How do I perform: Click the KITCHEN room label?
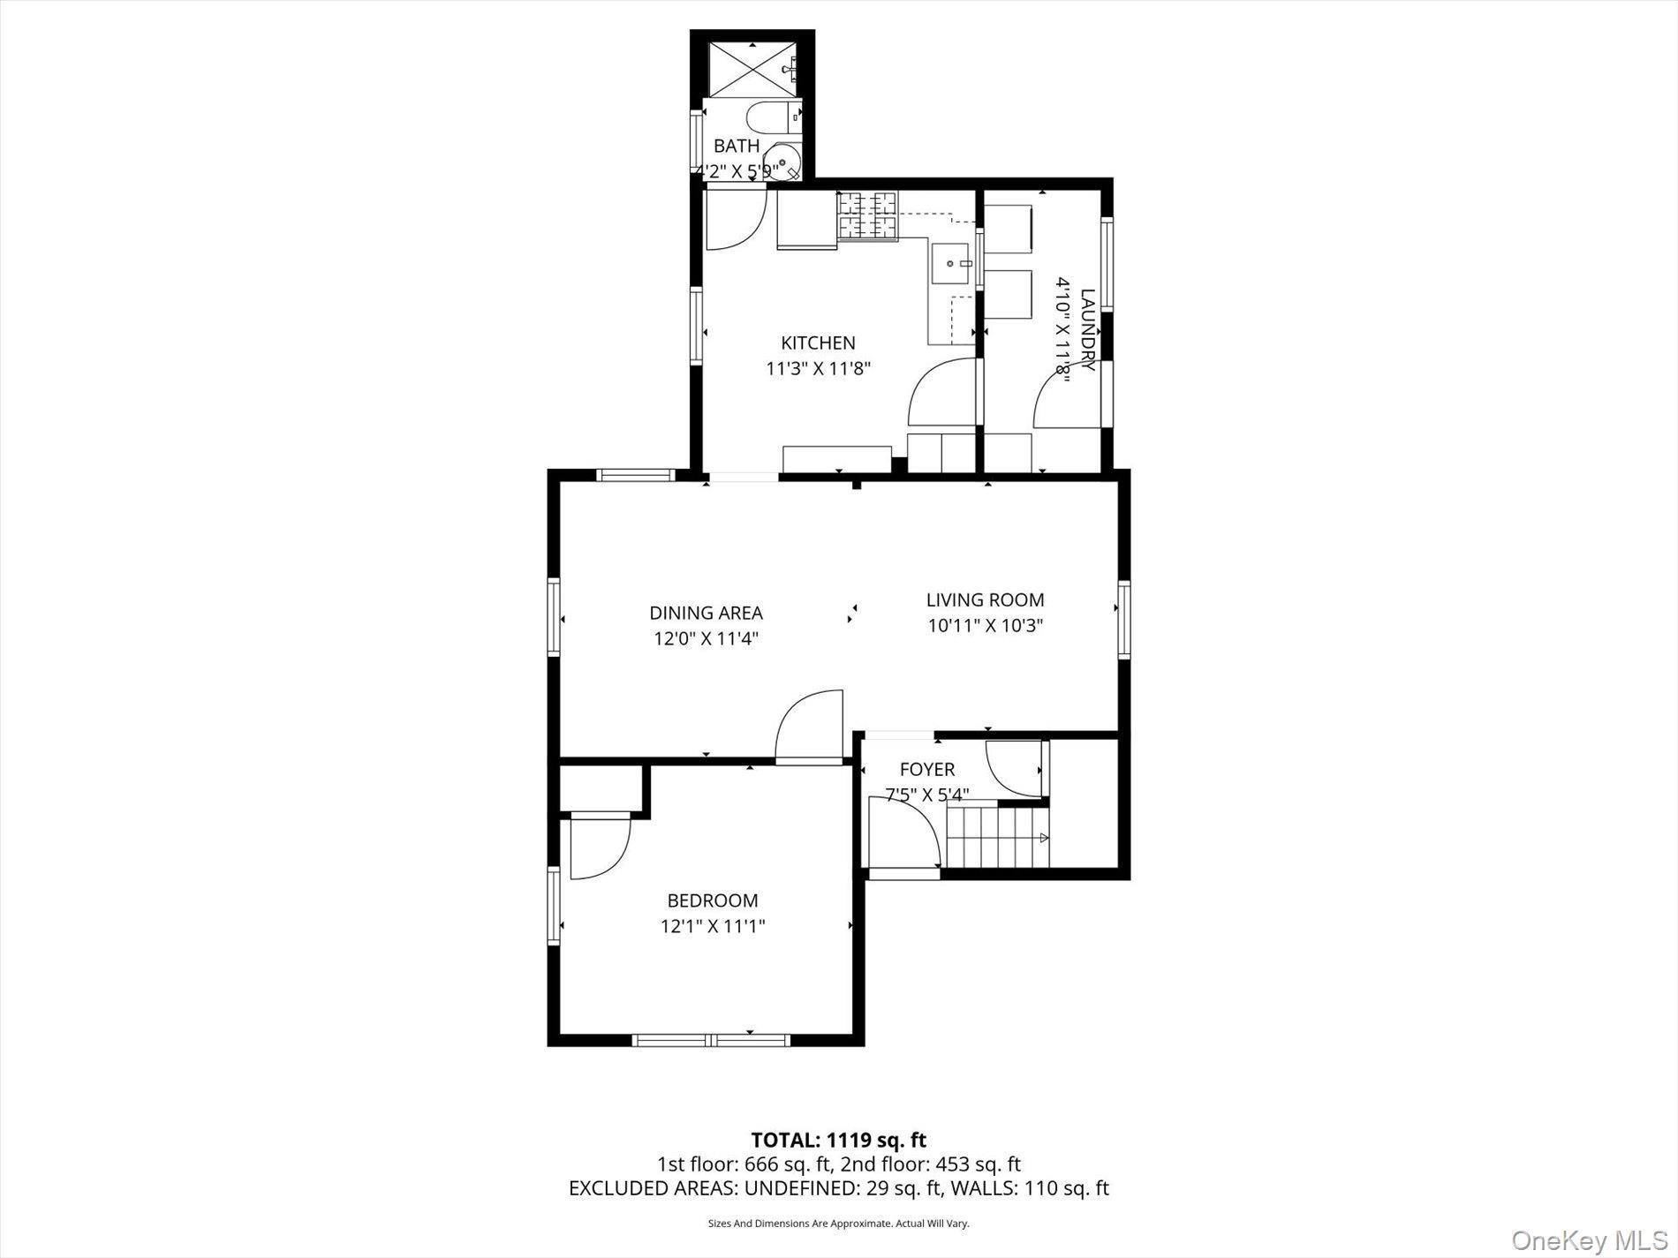818,343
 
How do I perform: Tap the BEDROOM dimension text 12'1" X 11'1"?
712,926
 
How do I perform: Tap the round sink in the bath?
782,163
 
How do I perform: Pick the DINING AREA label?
706,613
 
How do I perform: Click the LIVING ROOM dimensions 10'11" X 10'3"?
986,626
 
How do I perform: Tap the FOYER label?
926,770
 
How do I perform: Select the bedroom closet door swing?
599,847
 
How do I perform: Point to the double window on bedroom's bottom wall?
711,1040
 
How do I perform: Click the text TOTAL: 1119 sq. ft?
838,1140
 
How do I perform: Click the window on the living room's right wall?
1124,619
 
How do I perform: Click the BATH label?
736,146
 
